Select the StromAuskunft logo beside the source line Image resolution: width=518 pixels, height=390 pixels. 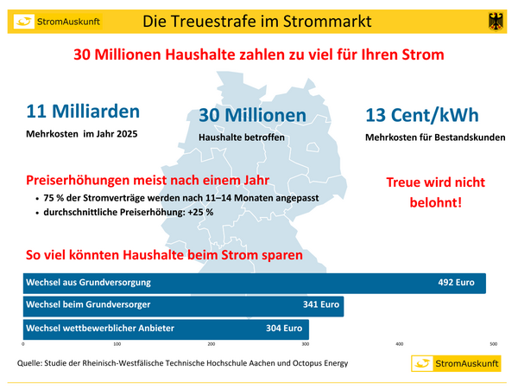point(455,363)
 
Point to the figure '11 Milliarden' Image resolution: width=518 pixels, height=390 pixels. point(83,112)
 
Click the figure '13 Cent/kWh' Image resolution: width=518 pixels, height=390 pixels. point(422,115)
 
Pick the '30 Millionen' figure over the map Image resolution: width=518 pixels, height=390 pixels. point(252,115)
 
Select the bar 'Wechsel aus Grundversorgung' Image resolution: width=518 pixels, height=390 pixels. point(254,283)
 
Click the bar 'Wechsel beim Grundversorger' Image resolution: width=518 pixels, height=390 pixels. point(182,305)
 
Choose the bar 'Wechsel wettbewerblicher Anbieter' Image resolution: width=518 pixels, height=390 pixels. point(165,329)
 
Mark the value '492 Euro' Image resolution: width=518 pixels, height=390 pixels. point(457,283)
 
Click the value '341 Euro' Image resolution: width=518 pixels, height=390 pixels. point(320,305)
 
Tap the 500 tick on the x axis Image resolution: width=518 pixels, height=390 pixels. point(494,344)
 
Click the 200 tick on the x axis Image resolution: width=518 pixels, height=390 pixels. point(211,344)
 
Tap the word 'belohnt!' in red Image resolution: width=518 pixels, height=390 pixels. point(435,203)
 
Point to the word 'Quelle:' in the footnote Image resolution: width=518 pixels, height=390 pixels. point(32,363)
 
